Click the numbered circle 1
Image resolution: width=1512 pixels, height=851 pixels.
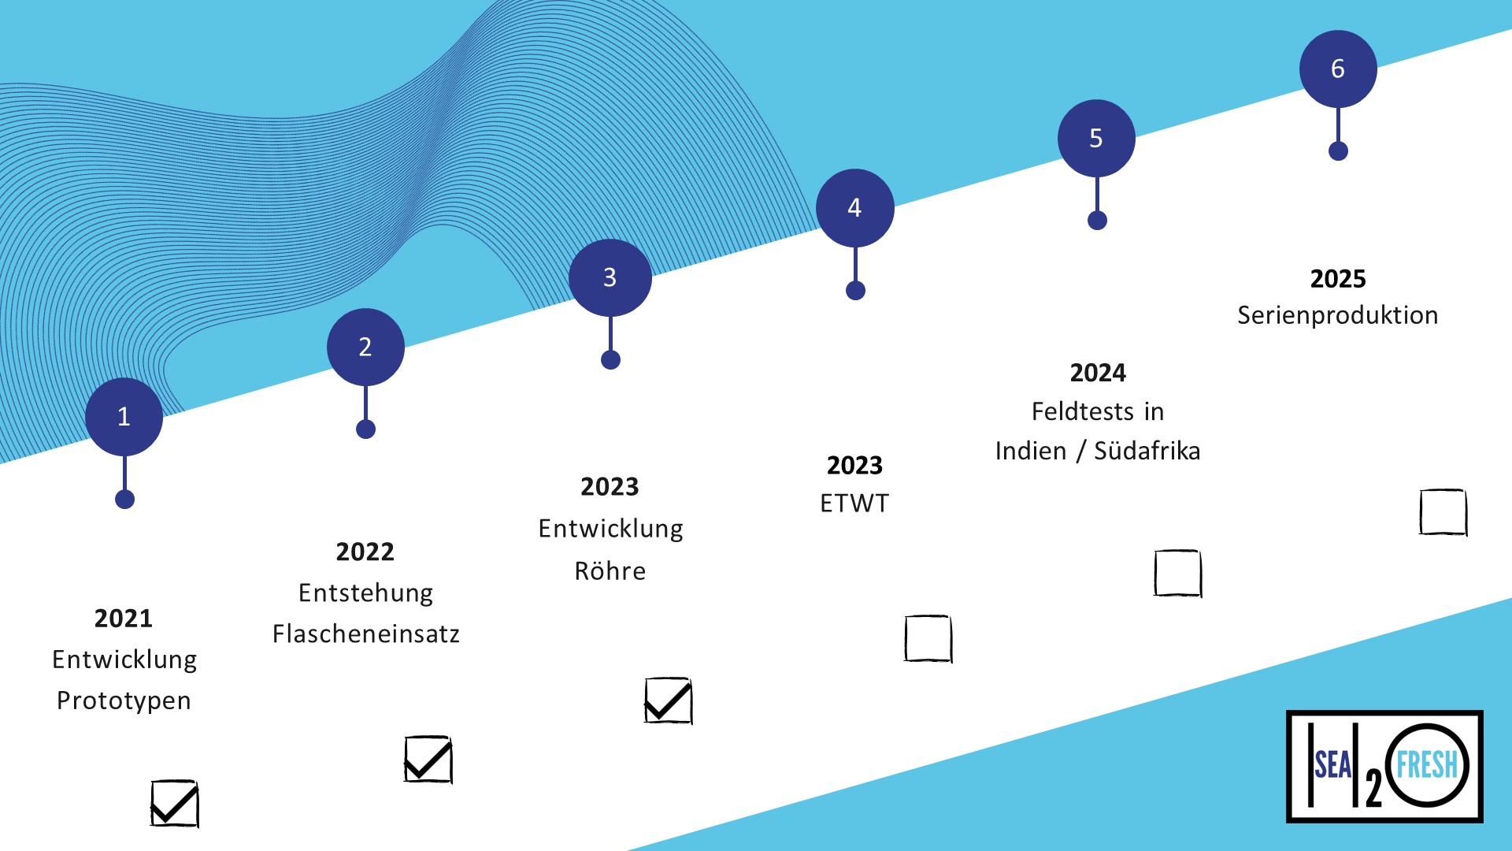point(124,417)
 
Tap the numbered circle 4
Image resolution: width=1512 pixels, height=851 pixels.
point(855,208)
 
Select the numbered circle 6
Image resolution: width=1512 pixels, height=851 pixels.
point(1338,69)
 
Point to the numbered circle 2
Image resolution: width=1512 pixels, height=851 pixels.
point(365,347)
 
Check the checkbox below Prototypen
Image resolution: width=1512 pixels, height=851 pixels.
point(174,804)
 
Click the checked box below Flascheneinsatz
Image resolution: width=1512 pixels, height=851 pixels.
point(428,760)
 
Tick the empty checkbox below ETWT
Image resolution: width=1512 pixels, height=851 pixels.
point(928,639)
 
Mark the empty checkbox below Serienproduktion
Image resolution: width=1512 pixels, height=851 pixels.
point(1443,512)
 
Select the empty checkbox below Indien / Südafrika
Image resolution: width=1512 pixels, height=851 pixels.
point(1177,573)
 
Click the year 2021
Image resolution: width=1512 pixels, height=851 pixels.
point(124,619)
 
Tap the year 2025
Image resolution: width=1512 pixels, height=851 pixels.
point(1338,279)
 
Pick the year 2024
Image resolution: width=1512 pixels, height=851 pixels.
point(1098,373)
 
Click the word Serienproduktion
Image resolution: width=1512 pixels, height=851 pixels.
point(1338,316)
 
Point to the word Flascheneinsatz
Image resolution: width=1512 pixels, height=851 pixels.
point(366,634)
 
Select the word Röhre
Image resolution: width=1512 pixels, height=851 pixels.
point(610,570)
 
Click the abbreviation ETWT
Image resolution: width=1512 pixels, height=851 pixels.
point(854,504)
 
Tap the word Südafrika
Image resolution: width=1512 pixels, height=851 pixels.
point(1147,452)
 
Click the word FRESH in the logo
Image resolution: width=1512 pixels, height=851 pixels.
point(1427,764)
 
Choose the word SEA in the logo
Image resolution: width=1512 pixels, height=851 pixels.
point(1332,764)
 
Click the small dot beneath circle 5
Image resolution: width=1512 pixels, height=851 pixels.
point(1097,221)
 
